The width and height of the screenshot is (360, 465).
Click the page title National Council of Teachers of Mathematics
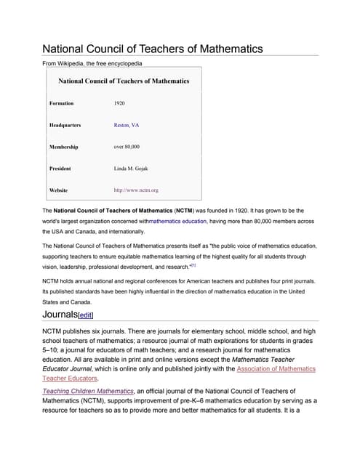[x=152, y=49]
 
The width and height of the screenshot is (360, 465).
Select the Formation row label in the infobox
[x=61, y=103]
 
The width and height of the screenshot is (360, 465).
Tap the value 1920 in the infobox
[x=119, y=103]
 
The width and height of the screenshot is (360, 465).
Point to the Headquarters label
[x=65, y=125]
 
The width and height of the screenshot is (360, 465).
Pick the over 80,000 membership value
[x=127, y=147]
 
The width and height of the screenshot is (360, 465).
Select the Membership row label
[x=63, y=147]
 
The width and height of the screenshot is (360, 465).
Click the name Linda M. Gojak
[x=131, y=169]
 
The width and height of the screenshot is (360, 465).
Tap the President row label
[x=60, y=169]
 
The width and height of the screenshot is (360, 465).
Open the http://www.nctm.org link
[x=136, y=190]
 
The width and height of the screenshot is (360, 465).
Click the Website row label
[x=58, y=190]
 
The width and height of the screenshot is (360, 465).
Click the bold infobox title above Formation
[x=123, y=81]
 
